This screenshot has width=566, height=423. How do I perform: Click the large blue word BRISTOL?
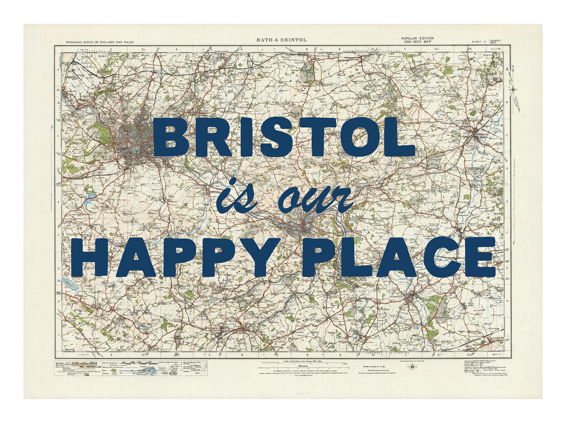point(283,137)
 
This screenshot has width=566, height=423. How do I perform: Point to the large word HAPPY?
point(179,257)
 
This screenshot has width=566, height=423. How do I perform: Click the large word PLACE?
point(401,257)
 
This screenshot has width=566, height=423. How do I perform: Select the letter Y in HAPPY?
point(266,257)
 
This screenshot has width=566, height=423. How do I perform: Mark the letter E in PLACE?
point(480,257)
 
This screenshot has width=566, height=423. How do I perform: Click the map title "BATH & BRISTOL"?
point(282,40)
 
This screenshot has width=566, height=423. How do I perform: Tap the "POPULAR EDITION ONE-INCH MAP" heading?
point(417,40)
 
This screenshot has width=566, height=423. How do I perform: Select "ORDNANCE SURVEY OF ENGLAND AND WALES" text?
point(100,42)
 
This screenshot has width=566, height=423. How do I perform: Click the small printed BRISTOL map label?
point(102,138)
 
